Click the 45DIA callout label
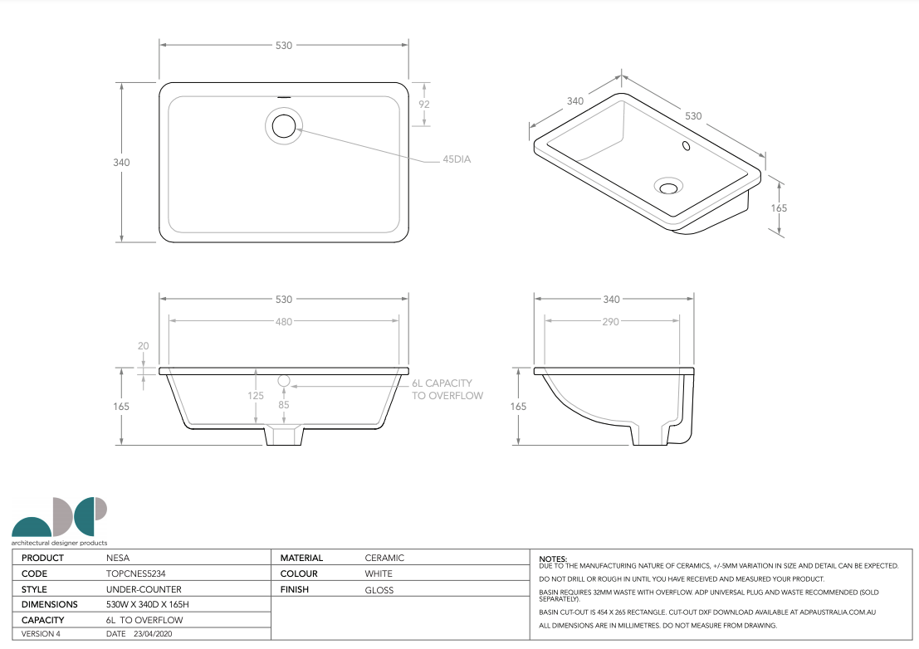(457, 159)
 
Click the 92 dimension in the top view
(424, 105)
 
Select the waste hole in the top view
(284, 126)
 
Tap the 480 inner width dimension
(284, 321)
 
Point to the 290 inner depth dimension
(611, 321)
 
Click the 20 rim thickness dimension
(144, 346)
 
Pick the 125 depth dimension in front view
(256, 396)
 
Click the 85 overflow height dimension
(284, 405)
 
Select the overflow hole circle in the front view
(284, 381)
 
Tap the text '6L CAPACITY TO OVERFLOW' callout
(447, 389)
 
